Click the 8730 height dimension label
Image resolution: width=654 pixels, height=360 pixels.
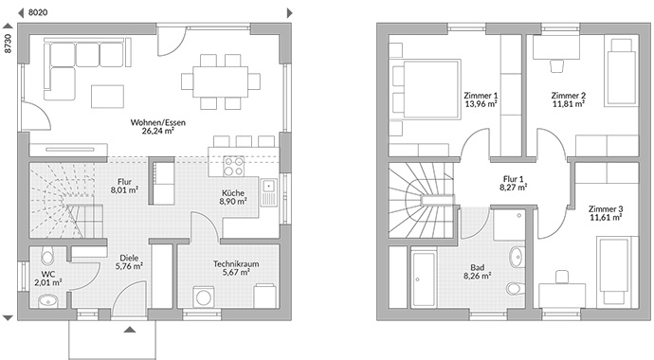[x=9, y=45]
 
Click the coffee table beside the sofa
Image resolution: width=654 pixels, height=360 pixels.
[x=105, y=95]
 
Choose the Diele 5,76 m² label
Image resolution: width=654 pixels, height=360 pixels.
[x=129, y=261]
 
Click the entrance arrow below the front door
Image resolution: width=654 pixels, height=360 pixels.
[x=129, y=329]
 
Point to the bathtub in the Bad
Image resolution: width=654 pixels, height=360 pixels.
[x=423, y=277]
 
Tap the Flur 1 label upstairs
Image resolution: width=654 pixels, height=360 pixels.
[x=514, y=183]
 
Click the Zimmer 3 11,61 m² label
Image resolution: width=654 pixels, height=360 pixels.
[x=604, y=213]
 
